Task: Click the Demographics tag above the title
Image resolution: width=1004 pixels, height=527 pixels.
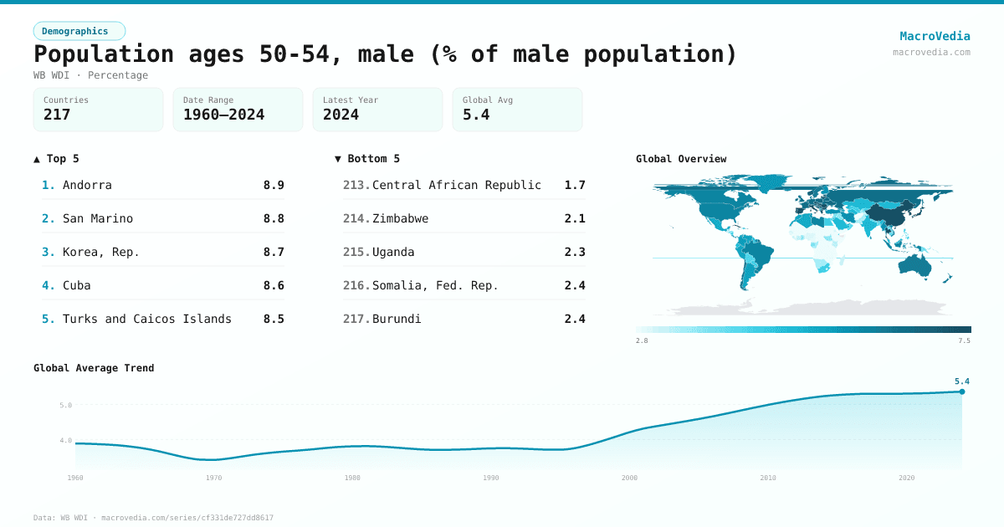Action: coord(79,31)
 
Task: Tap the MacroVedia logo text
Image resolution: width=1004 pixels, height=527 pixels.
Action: coord(935,36)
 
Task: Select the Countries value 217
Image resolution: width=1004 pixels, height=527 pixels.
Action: coord(57,115)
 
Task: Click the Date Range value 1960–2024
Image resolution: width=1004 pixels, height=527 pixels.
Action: coord(223,115)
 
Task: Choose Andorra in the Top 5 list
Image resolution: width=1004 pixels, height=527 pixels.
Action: coord(87,185)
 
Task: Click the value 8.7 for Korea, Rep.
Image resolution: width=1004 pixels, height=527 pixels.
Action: coord(274,252)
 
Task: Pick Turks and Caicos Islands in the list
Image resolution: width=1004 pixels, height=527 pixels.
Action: coord(147,319)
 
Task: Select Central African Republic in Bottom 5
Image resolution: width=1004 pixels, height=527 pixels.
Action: coord(457,185)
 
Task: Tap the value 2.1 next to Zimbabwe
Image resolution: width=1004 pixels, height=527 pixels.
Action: coord(575,218)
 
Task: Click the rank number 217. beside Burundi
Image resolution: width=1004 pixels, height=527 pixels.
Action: coord(356,319)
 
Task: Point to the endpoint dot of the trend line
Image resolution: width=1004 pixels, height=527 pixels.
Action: coord(962,391)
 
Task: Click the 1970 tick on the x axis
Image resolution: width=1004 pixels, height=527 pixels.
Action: coord(214,478)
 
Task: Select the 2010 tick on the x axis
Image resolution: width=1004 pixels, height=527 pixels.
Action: coord(768,478)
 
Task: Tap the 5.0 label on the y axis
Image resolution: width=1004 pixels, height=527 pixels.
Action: coord(65,405)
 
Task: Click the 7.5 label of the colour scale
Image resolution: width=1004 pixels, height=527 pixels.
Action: coord(964,340)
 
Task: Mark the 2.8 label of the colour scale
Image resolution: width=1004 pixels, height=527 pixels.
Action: coord(642,340)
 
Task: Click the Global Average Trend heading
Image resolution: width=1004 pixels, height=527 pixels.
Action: coord(94,368)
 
